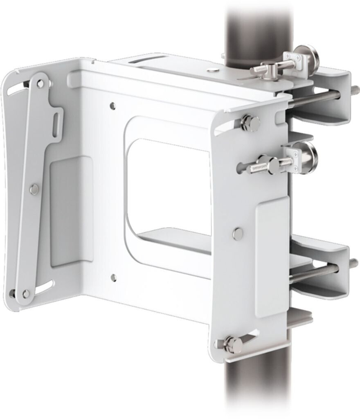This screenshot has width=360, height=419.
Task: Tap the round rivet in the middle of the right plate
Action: click(237, 233)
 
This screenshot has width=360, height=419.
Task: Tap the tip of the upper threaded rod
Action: click(354, 88)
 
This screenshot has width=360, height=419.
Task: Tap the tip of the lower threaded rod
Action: click(353, 262)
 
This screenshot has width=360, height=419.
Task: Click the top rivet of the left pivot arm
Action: click(39, 84)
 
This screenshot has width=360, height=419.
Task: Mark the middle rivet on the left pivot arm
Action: click(35, 189)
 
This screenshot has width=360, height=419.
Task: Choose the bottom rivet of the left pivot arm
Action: click(27, 293)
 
